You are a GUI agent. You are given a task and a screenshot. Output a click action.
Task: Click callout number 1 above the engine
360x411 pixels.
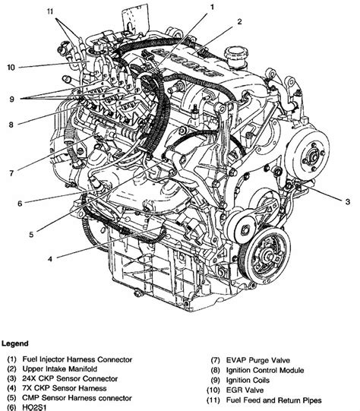point(212,8)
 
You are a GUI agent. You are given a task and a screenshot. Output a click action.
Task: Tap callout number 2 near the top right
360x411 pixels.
point(239,22)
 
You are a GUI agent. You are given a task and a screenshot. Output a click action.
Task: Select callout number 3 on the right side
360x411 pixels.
point(347,202)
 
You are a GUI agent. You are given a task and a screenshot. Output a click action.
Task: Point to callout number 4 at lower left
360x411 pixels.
point(50,259)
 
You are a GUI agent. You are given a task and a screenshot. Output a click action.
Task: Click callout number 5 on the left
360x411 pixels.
point(31,235)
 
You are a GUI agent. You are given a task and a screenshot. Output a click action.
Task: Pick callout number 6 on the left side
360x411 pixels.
point(20,204)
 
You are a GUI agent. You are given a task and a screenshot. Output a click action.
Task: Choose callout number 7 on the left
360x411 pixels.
point(11,173)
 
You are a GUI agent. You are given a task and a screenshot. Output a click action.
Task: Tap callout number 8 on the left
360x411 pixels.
point(11,125)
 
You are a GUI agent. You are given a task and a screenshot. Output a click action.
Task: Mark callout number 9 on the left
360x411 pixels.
point(11,100)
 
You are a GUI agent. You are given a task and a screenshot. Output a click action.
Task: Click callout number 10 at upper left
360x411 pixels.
point(11,68)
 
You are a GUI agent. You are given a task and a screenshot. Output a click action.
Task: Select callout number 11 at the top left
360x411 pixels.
point(50,11)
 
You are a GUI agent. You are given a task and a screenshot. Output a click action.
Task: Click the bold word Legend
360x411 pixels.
point(15,343)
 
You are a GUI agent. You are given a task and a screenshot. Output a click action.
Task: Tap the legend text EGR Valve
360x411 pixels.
point(245,390)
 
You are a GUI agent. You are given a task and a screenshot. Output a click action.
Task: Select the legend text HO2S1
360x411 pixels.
point(34,408)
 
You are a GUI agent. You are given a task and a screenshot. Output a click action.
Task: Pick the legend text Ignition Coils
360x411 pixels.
point(248,380)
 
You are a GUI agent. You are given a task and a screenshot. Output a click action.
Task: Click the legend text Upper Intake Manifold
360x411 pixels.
point(60,368)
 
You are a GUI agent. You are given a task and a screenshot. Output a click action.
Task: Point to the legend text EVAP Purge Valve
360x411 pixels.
point(258,360)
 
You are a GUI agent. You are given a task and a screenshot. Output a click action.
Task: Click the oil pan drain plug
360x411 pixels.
point(137,293)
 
